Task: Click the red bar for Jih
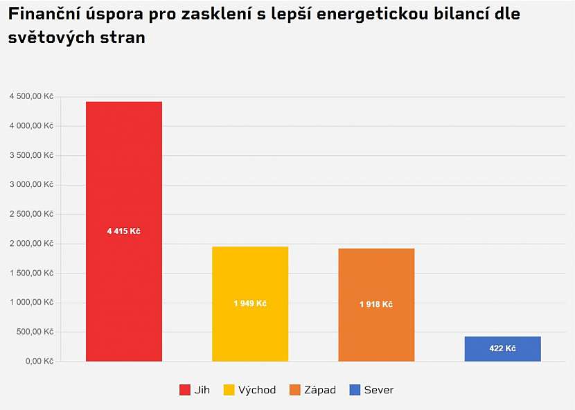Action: [123, 173]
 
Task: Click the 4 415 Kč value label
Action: [123, 231]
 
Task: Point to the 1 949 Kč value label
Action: [250, 304]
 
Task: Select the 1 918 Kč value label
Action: [376, 305]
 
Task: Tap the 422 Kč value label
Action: [502, 348]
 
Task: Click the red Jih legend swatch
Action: [185, 390]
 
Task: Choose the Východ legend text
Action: [257, 390]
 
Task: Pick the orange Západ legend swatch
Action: [296, 390]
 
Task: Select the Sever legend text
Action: [379, 390]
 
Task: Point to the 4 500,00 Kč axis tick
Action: [31, 96]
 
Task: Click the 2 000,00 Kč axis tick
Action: [31, 244]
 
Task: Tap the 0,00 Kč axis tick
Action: [39, 362]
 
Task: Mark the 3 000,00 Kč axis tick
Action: [31, 185]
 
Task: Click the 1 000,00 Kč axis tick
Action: [31, 303]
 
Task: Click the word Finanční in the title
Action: [42, 15]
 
